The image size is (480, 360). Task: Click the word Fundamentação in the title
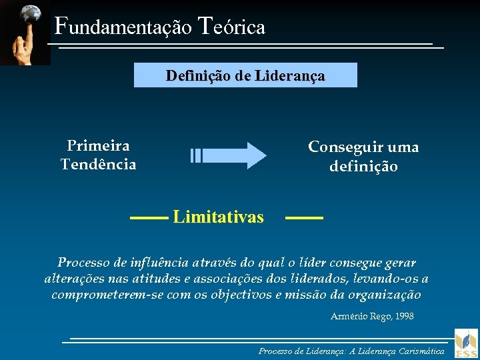point(123,27)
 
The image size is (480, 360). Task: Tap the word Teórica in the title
point(232,27)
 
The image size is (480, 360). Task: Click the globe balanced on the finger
point(30,13)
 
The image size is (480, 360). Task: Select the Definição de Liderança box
point(245,75)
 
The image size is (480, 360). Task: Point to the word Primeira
point(98,145)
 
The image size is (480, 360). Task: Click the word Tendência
point(98,164)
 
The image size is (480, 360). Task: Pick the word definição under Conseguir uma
point(363,166)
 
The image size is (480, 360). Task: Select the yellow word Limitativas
point(218,217)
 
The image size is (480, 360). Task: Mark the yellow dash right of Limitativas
point(304,217)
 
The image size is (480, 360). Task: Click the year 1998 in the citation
point(404,316)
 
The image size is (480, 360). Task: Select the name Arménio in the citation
point(349,316)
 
